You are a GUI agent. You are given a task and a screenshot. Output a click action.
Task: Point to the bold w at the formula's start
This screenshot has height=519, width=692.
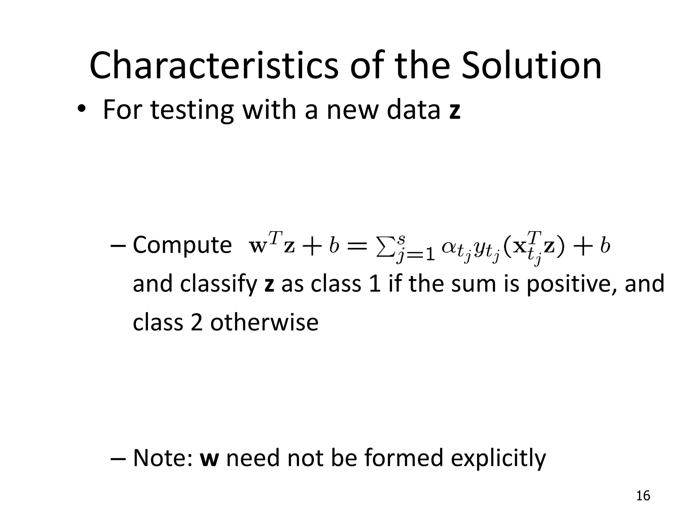[x=257, y=247]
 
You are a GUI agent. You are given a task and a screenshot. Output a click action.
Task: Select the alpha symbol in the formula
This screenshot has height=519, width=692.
[x=449, y=247]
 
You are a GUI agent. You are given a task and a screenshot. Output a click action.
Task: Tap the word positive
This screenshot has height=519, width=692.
[x=572, y=284]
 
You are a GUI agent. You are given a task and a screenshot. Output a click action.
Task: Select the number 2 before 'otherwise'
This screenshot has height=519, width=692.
[x=197, y=322]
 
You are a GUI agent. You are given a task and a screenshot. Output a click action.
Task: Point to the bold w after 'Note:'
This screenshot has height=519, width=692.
[x=209, y=459]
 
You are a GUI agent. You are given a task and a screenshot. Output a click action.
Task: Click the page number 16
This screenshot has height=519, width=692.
[x=643, y=496]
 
